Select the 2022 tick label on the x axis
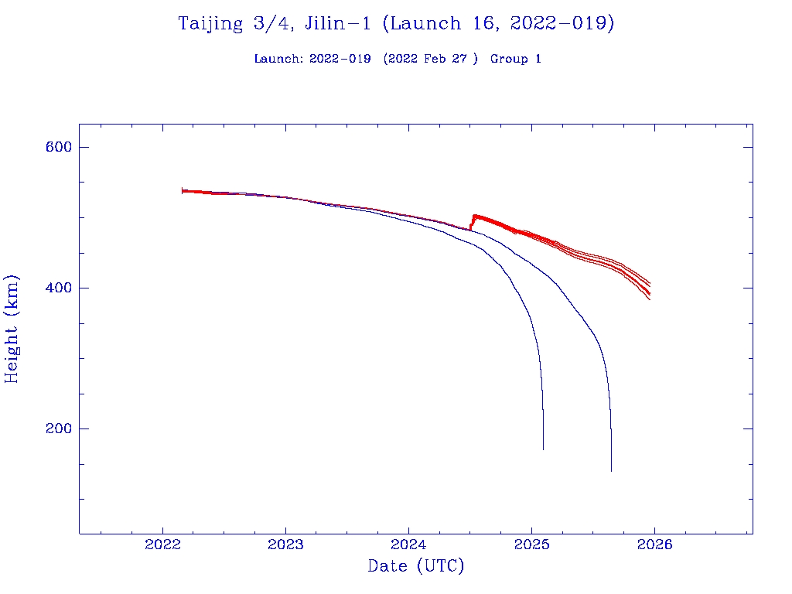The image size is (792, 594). coord(163,544)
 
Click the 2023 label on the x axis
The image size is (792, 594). coord(286,544)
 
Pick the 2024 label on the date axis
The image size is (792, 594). coord(409,544)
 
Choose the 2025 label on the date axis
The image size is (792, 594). coord(532,544)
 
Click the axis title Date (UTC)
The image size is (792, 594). coord(416,566)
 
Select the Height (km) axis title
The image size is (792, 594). coord(12,329)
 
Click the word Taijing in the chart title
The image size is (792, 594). coord(210,24)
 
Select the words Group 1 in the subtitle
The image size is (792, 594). coord(515,59)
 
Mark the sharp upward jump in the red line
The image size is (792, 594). coord(472,222)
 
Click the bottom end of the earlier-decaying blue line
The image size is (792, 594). coord(543,449)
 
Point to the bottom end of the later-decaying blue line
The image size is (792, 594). coord(611,470)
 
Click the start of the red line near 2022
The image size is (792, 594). coord(183,190)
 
